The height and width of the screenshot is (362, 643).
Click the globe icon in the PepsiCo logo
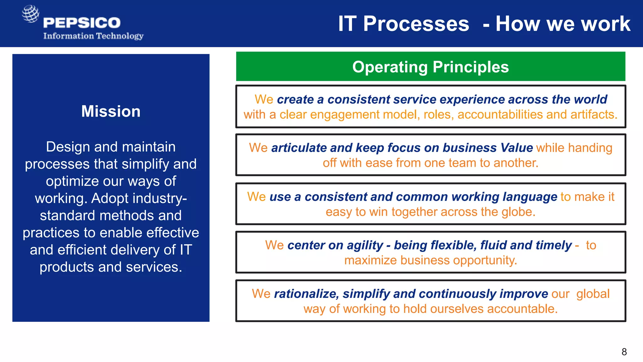[30, 14]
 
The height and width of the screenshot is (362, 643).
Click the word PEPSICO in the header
[82, 23]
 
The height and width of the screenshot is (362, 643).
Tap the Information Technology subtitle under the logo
[93, 36]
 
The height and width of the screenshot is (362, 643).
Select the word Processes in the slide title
[416, 24]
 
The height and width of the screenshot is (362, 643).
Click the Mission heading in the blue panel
[111, 111]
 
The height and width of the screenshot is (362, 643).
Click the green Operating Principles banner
[430, 67]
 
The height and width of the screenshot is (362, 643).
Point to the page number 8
[624, 352]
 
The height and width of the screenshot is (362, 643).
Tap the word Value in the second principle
[516, 148]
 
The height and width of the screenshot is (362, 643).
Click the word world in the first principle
[590, 99]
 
